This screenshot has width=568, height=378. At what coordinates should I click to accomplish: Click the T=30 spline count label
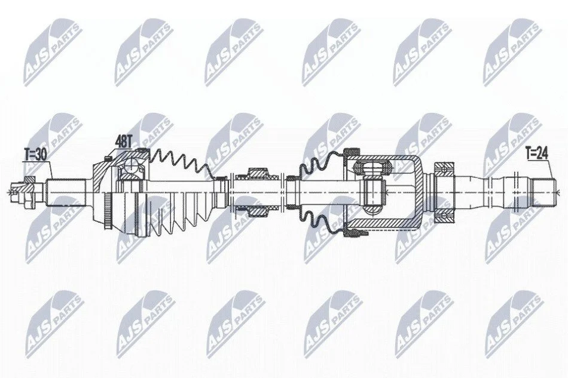click(x=35, y=155)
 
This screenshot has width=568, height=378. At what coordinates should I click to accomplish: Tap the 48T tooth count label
click(x=123, y=142)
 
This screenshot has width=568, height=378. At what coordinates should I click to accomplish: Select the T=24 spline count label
click(x=536, y=154)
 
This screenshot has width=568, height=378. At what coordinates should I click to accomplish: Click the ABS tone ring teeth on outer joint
click(x=107, y=211)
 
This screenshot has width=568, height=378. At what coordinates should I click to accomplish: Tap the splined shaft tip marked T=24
click(x=543, y=192)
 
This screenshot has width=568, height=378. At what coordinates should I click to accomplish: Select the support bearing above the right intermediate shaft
click(x=444, y=170)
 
